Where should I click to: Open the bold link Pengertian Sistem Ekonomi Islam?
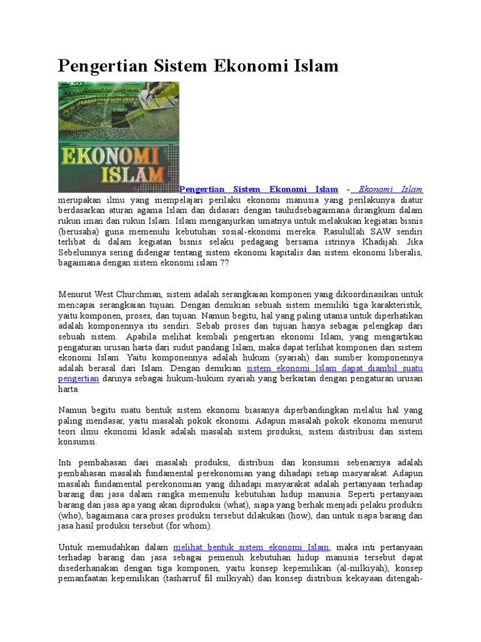coord(259,189)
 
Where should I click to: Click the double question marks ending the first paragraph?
coord(225,262)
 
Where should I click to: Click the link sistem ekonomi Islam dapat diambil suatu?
coord(334,368)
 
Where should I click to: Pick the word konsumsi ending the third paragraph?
coord(78,442)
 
